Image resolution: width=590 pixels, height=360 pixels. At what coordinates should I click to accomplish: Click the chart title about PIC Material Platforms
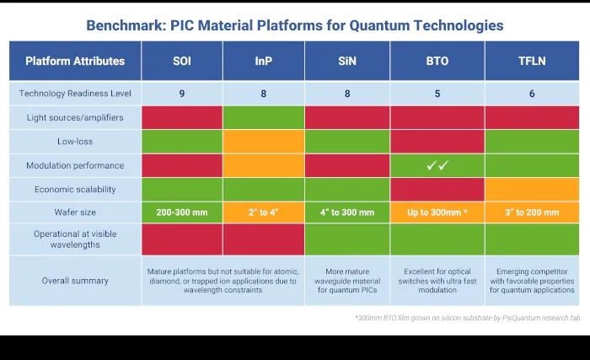(x=294, y=25)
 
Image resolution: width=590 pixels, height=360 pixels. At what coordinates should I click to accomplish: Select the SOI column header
(x=182, y=61)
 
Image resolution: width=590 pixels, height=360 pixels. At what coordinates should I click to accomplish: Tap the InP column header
(x=263, y=61)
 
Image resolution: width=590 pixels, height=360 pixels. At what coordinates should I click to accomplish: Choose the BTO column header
(x=437, y=61)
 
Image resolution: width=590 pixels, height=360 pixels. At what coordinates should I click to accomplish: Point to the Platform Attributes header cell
(x=75, y=61)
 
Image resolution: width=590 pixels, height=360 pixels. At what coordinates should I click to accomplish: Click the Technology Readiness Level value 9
(x=182, y=94)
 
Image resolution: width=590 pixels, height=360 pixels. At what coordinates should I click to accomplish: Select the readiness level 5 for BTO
(x=437, y=94)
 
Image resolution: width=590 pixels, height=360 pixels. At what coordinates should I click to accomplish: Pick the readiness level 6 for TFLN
(x=532, y=94)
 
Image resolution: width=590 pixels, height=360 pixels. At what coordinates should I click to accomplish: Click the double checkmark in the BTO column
(x=437, y=165)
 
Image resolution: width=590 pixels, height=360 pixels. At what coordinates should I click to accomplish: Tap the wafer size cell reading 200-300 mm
(x=182, y=212)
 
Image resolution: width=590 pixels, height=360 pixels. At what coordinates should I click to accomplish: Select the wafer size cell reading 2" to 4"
(x=263, y=212)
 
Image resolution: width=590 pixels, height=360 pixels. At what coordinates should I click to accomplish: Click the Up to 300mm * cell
(x=437, y=212)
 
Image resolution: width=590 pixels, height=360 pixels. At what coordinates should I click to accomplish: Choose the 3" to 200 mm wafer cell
(x=532, y=212)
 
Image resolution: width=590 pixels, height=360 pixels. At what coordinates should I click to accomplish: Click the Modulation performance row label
(x=75, y=165)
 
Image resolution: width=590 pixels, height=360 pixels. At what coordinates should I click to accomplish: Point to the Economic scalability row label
(x=75, y=189)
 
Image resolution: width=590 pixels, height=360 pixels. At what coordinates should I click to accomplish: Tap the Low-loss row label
(x=75, y=141)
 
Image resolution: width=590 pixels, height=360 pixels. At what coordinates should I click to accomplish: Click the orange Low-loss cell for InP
(x=263, y=141)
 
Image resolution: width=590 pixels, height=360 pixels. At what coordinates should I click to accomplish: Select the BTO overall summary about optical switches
(x=437, y=281)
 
